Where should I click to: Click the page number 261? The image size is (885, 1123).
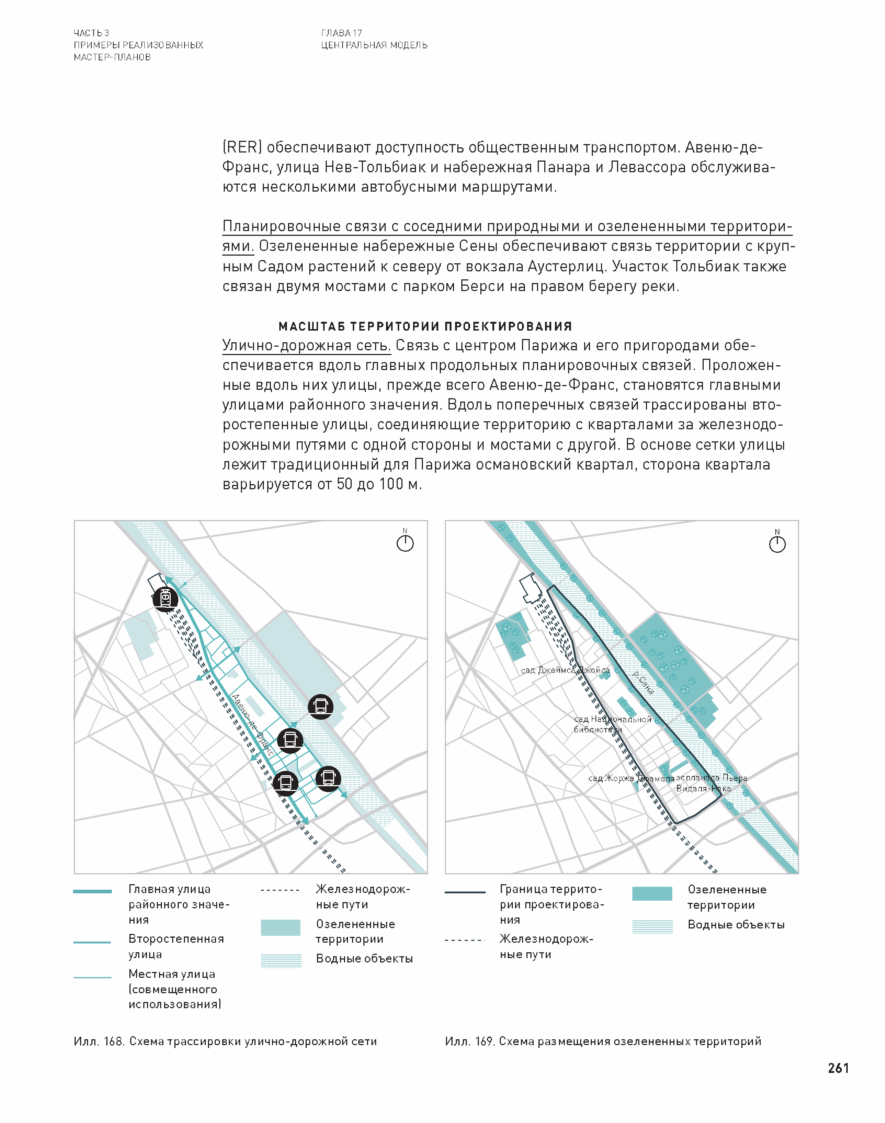point(838,1068)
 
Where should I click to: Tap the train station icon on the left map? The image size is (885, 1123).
point(165,599)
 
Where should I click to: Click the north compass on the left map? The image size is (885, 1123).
point(405,543)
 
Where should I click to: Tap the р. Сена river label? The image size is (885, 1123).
point(643,682)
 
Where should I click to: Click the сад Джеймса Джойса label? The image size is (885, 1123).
point(565,670)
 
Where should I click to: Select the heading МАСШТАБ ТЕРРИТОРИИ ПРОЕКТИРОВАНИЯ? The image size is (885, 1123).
point(425,327)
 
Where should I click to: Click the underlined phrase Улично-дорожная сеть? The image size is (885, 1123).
point(306,345)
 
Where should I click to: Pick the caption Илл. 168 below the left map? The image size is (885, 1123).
point(225,1041)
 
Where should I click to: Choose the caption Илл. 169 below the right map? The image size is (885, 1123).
point(602,1041)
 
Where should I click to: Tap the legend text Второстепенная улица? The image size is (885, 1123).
point(176,946)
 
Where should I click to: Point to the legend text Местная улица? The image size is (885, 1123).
point(171,974)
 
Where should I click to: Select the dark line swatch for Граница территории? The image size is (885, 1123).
point(465,892)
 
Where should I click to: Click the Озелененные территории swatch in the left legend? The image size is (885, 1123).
point(280,928)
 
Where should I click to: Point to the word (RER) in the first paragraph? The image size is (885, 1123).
point(242,147)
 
